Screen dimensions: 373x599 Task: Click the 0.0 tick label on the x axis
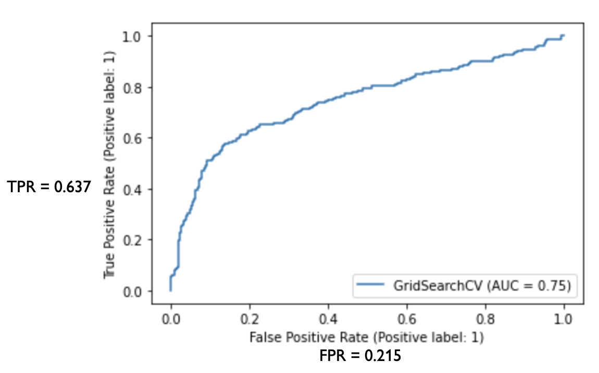point(171,318)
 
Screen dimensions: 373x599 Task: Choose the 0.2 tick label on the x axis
point(249,318)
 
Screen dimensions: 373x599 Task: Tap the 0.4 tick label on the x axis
point(328,318)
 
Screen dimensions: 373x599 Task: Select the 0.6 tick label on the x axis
point(407,318)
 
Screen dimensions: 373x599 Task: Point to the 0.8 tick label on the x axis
point(485,318)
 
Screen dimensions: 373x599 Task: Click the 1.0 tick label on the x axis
point(564,318)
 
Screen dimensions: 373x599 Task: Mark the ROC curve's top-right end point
point(564,35)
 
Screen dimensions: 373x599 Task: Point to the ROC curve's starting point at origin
point(171,291)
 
